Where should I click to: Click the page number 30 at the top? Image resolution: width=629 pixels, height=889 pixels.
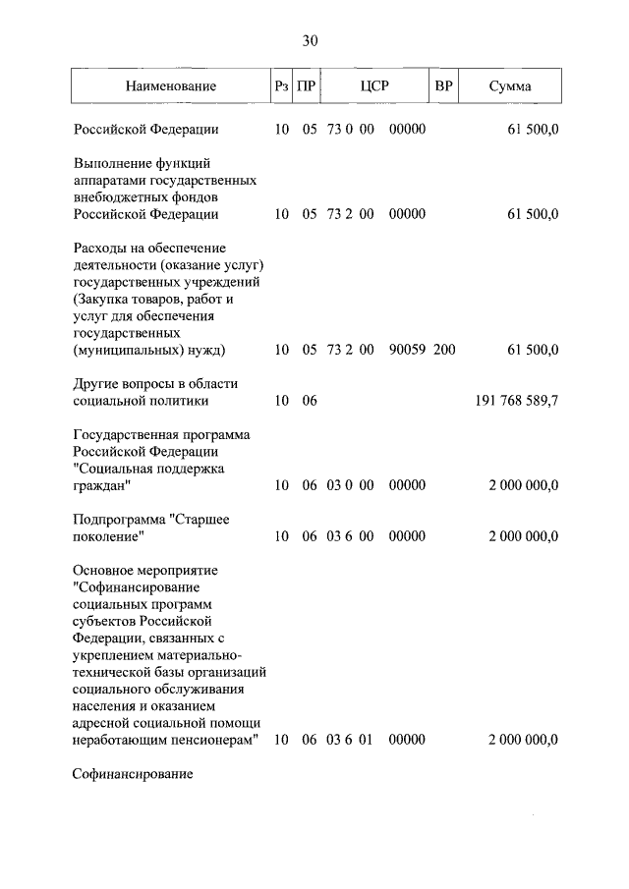point(311,40)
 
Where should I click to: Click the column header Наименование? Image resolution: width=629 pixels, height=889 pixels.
point(170,86)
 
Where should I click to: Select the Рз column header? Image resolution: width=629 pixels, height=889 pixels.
point(282,86)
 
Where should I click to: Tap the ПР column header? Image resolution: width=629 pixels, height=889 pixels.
point(307,86)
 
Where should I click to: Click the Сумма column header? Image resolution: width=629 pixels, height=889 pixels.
point(510,86)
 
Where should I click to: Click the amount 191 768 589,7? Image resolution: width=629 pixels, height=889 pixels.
point(510,401)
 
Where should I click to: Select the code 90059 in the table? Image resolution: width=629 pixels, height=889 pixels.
point(407,350)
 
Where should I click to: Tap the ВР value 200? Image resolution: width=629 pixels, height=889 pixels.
point(444,350)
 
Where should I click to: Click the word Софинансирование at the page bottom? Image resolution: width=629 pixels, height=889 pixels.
point(132,774)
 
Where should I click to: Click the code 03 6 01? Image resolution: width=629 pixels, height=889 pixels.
point(350,739)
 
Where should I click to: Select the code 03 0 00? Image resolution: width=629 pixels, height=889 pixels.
point(350,485)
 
